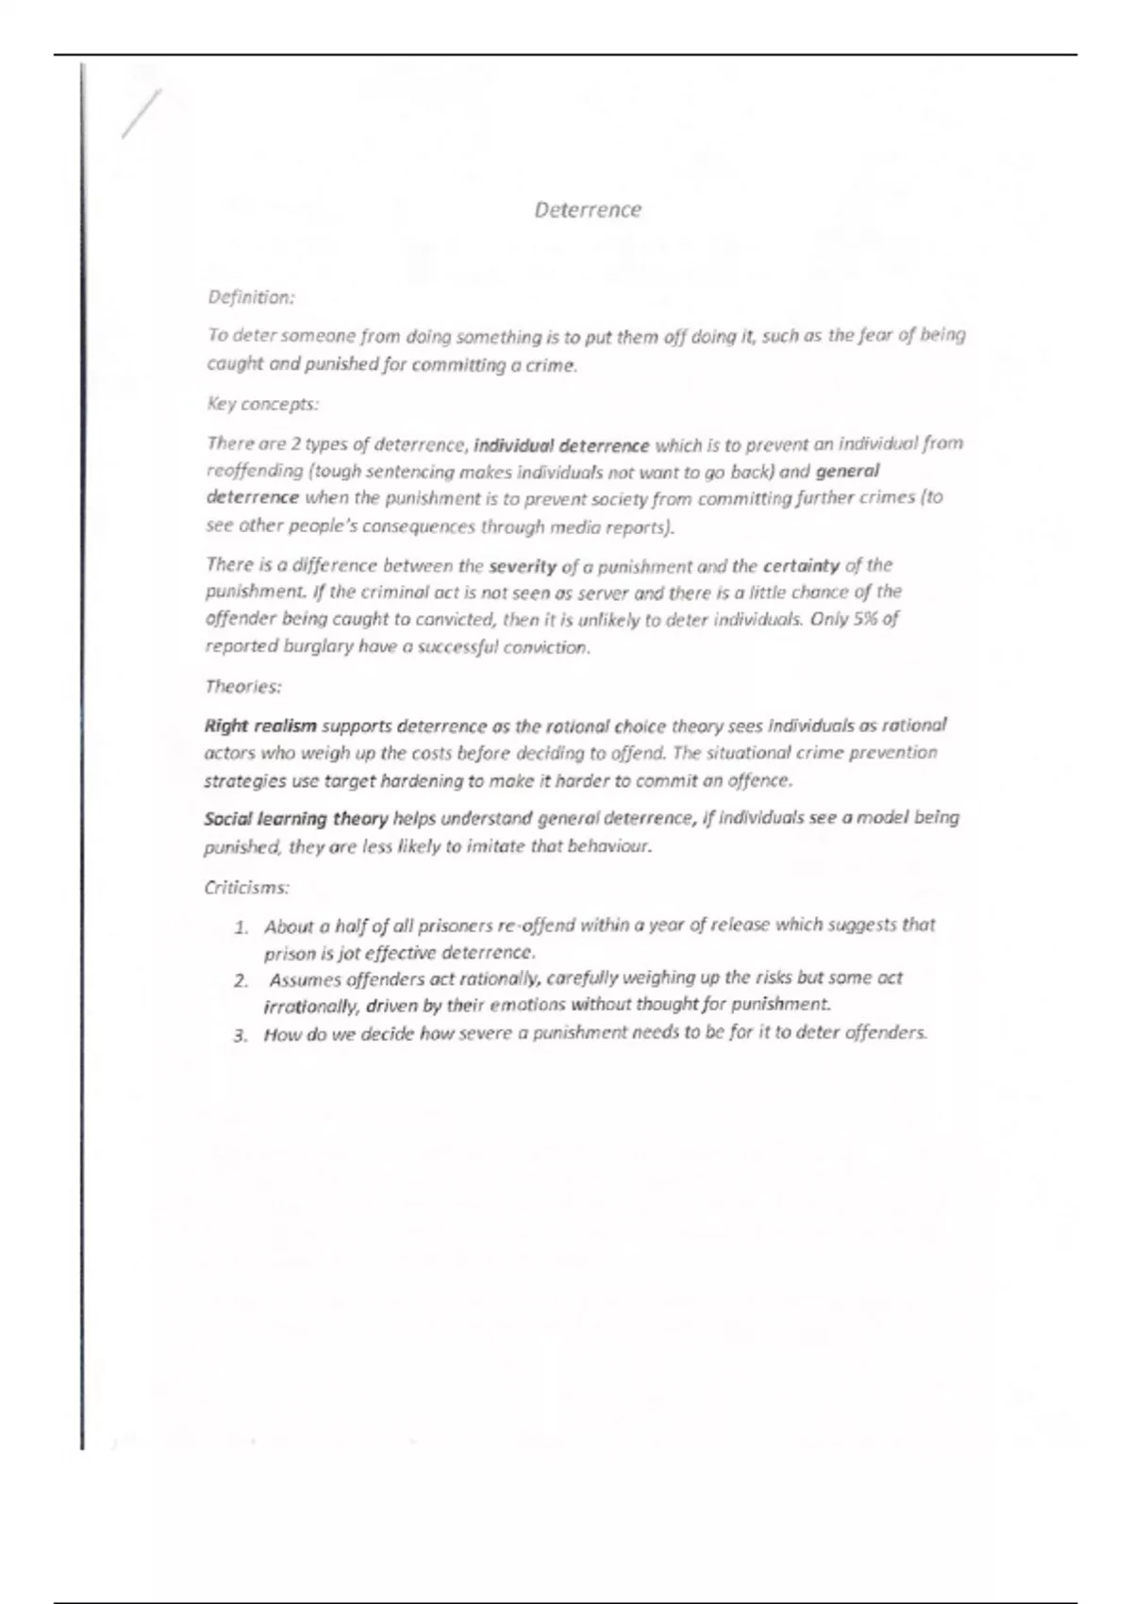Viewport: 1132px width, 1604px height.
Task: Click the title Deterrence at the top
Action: click(x=587, y=209)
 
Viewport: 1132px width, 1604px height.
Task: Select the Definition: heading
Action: click(x=251, y=297)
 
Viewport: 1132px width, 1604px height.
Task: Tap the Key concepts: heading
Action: click(x=262, y=404)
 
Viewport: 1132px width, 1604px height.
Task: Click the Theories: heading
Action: click(x=243, y=686)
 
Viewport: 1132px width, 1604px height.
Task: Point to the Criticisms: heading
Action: click(x=246, y=887)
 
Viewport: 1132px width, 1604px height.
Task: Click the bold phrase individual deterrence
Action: click(x=561, y=444)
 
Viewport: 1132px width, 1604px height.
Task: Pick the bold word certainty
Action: click(x=801, y=566)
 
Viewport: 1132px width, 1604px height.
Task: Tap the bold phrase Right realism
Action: click(x=260, y=726)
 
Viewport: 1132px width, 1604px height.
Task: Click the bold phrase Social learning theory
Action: click(x=295, y=818)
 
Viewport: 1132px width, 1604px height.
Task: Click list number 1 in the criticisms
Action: click(x=241, y=927)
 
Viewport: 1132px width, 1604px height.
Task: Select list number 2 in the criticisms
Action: click(x=241, y=980)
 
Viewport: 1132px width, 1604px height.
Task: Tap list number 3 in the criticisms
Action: click(x=241, y=1035)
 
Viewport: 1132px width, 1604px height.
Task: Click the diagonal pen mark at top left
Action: click(x=141, y=113)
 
